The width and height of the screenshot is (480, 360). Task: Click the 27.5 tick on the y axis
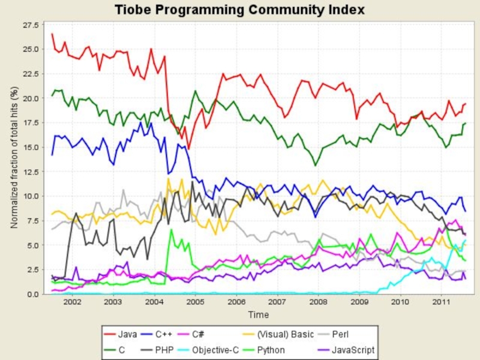31,25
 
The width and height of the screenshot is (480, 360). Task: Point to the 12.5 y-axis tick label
31,172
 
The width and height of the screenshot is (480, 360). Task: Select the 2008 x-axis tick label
318,304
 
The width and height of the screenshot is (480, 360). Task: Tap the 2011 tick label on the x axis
441,304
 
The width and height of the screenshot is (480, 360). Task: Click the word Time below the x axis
259,315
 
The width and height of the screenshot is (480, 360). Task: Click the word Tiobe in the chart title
134,10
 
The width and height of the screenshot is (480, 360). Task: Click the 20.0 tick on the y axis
31,98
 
